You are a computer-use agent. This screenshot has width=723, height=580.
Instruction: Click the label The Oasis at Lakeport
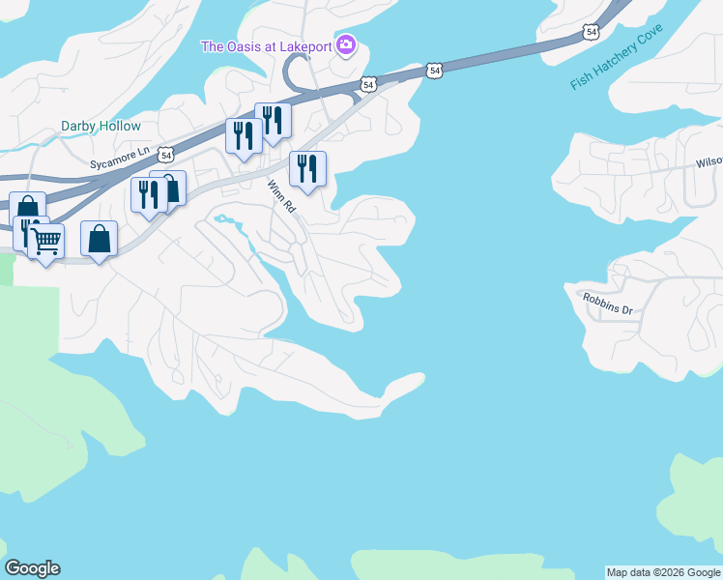[x=267, y=46]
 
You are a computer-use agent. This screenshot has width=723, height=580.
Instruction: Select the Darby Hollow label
[x=101, y=127]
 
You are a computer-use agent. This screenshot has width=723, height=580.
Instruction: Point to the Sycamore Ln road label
[x=117, y=152]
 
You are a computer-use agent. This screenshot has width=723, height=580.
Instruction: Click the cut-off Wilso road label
[x=709, y=163]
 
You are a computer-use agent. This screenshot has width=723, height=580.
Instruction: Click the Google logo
[x=32, y=568]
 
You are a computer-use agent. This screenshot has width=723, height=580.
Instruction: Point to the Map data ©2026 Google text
[x=663, y=572]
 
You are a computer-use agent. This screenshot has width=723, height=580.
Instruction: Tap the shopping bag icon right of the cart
[x=100, y=239]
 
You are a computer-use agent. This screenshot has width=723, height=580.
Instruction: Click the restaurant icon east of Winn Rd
[x=307, y=169]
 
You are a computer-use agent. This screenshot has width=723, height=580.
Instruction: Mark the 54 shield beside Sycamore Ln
[x=167, y=154]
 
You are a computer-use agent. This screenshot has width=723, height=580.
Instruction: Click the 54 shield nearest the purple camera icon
[x=367, y=85]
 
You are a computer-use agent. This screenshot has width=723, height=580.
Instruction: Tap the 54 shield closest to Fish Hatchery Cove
[x=591, y=32]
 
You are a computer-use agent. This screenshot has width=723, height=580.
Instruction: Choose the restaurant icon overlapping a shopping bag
[x=149, y=194]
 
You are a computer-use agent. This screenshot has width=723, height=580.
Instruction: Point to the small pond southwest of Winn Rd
[x=224, y=219]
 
